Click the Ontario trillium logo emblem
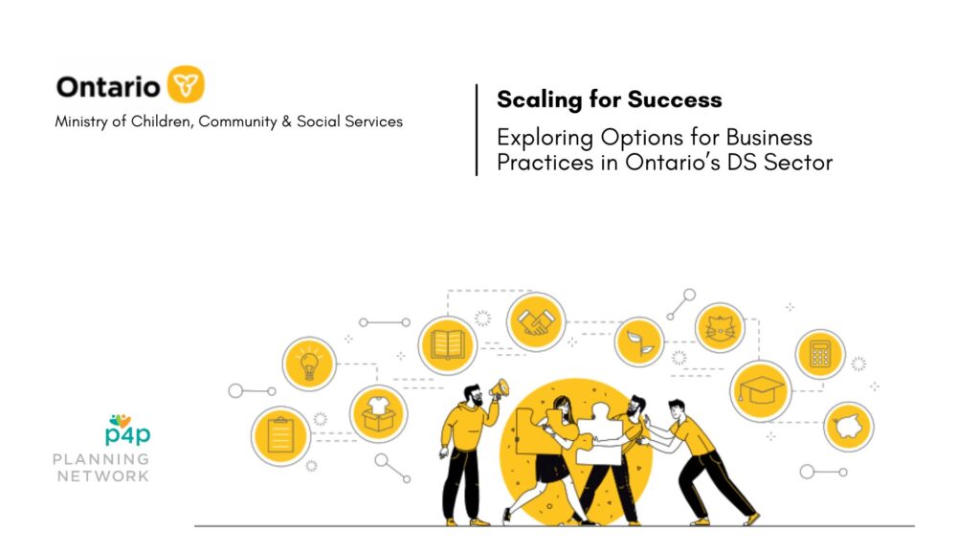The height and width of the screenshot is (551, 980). (186, 84)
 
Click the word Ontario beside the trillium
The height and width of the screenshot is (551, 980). (108, 87)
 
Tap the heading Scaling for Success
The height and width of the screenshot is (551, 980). (610, 99)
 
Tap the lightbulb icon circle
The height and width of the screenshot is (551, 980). (309, 364)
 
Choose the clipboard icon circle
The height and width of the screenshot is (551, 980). (280, 436)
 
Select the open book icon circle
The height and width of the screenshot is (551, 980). (448, 345)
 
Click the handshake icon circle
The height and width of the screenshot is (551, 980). (536, 321)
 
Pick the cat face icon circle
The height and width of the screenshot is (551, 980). (720, 328)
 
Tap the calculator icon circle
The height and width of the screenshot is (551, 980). (819, 354)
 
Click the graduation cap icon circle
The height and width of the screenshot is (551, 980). (761, 391)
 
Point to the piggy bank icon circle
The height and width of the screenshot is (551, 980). (848, 427)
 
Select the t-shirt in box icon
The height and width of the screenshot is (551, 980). (378, 414)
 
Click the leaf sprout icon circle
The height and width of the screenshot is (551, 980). (638, 342)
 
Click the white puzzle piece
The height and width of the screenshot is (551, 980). (599, 435)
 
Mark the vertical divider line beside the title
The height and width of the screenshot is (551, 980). (477, 130)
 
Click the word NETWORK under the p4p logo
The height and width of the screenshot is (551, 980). (103, 476)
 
